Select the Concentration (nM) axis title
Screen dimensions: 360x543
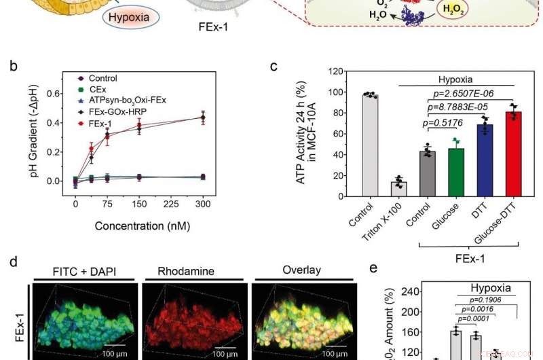click(x=141, y=225)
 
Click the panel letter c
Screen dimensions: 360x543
click(x=274, y=66)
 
